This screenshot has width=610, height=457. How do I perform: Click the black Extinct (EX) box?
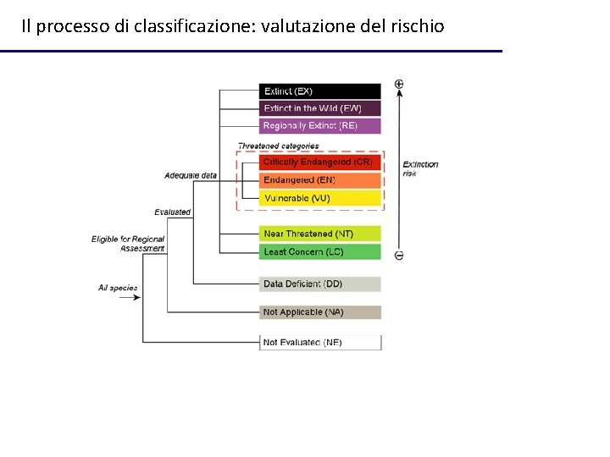click(x=319, y=91)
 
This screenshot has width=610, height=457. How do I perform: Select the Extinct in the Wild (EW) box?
click(x=319, y=108)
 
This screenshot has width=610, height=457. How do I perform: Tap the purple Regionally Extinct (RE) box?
click(x=319, y=126)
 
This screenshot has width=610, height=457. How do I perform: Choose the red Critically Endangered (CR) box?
click(x=319, y=162)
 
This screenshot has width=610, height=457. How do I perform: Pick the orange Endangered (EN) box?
click(x=319, y=180)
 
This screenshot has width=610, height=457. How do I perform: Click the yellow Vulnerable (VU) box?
click(x=319, y=198)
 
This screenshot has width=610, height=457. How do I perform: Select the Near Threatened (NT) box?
click(x=319, y=234)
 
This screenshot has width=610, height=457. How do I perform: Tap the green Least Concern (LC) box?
click(x=319, y=252)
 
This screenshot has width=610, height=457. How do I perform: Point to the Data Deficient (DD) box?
click(x=319, y=284)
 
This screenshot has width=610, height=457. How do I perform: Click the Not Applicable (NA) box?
click(x=319, y=312)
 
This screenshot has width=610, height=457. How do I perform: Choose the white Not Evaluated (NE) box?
click(x=319, y=343)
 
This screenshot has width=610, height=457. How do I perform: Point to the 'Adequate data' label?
click(x=191, y=176)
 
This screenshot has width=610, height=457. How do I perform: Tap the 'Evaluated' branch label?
click(x=173, y=212)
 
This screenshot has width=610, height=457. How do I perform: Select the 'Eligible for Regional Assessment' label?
click(x=128, y=244)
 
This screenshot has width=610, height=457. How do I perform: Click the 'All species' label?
click(x=118, y=288)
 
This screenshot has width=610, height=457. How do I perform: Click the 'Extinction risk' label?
click(x=420, y=168)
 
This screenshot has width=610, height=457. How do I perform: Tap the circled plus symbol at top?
click(x=399, y=85)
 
